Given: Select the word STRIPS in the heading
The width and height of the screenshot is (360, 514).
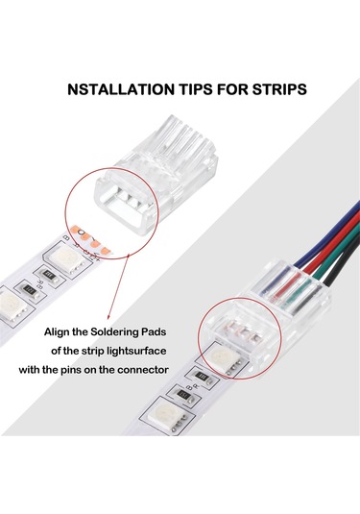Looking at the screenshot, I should (274, 90).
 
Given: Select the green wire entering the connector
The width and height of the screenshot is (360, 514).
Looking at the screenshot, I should (326, 263).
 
